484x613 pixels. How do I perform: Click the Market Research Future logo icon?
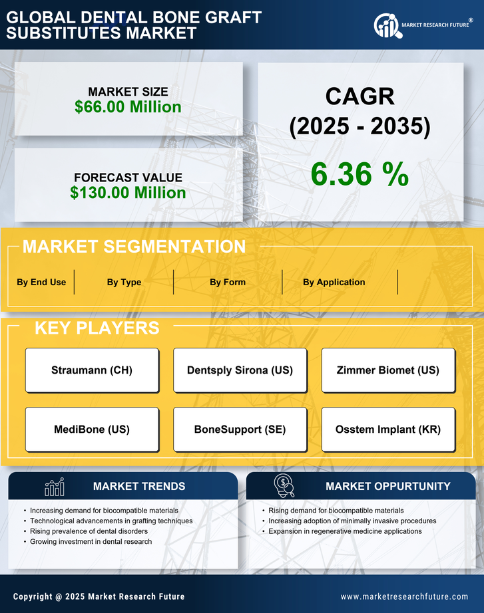click(386, 26)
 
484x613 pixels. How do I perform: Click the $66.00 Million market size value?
click(128, 107)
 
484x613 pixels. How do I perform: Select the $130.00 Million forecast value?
click(128, 193)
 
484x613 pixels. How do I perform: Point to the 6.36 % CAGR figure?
click(360, 174)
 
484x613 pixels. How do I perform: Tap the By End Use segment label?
click(41, 282)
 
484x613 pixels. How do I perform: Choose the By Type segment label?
click(124, 282)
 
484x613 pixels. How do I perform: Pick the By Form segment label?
click(228, 282)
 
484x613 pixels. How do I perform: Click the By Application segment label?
click(334, 282)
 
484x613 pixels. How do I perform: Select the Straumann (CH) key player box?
click(92, 370)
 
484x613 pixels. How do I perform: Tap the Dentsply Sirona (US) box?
click(240, 370)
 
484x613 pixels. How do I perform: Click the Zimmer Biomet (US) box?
click(388, 370)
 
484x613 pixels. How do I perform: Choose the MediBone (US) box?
click(92, 429)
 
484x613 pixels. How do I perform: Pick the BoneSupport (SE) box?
click(240, 429)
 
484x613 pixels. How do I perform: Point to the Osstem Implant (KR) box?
click(388, 429)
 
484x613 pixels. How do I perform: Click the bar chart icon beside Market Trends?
click(54, 487)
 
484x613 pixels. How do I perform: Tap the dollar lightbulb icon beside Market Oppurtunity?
click(284, 486)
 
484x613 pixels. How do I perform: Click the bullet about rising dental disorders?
click(89, 531)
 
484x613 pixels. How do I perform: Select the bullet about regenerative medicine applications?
click(345, 531)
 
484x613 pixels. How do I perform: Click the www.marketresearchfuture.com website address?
click(404, 596)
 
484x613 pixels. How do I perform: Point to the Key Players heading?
click(97, 328)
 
